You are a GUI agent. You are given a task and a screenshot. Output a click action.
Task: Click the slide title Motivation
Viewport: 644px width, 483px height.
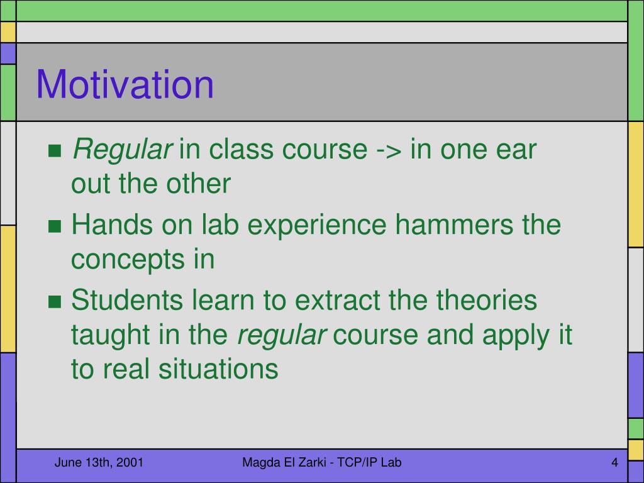click(x=125, y=84)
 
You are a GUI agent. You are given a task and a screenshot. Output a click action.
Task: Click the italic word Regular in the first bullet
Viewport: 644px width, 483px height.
click(x=122, y=150)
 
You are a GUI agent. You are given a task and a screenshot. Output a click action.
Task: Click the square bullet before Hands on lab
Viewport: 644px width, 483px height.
click(x=55, y=226)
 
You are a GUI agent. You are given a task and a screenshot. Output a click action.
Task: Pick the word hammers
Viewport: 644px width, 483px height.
click(x=454, y=225)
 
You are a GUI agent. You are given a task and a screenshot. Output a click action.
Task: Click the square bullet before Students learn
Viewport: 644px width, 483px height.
click(x=55, y=301)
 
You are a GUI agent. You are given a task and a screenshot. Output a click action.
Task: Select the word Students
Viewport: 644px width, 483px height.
click(x=127, y=300)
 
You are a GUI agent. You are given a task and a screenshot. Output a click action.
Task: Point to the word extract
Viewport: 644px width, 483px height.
click(x=337, y=300)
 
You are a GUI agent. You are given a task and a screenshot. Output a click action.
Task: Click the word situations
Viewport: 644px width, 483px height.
click(x=218, y=369)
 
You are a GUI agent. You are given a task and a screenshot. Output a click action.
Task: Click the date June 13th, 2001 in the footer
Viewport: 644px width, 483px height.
click(x=99, y=462)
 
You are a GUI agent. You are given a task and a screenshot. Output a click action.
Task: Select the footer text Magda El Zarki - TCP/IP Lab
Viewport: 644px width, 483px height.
click(x=322, y=462)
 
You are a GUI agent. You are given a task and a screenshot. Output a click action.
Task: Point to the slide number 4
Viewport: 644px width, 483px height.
click(x=614, y=462)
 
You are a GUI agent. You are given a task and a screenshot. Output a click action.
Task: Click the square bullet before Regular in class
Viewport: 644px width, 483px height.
click(x=55, y=151)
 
